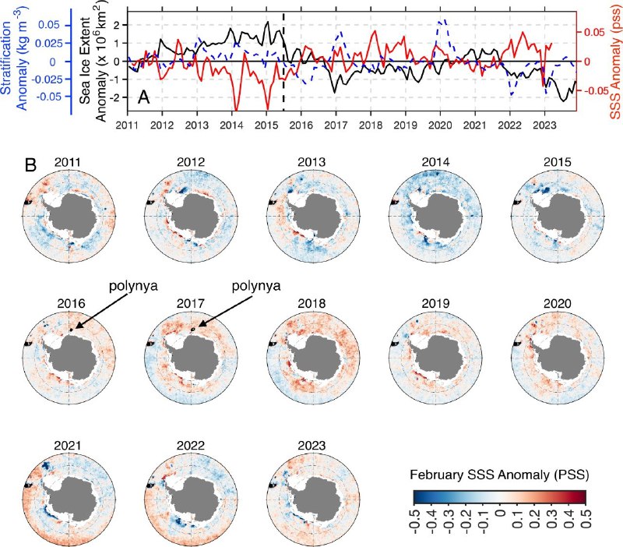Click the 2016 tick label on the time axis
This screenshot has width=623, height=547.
[301, 125]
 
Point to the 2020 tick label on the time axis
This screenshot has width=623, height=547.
[440, 125]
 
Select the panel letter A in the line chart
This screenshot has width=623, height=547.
[144, 97]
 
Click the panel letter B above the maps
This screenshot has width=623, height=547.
[30, 165]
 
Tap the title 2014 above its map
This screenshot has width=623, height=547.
[435, 162]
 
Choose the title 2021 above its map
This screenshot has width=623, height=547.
[67, 445]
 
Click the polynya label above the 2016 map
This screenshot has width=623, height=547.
[133, 286]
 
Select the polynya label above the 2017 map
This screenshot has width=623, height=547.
[256, 286]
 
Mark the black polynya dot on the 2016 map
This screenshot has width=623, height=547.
[71, 330]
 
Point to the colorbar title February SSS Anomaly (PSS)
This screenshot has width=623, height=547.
[499, 475]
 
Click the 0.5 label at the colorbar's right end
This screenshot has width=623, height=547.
[586, 518]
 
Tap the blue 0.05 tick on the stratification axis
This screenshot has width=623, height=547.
[49, 25]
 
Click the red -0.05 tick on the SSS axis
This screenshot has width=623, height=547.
[595, 91]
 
